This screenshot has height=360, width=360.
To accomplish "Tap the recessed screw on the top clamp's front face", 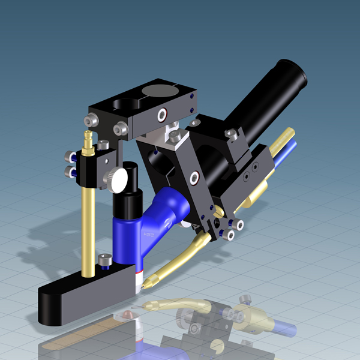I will coord(161,115).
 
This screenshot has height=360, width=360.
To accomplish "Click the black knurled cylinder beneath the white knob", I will coord(127,201).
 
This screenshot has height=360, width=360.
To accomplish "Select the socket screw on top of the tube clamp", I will coord(230,134).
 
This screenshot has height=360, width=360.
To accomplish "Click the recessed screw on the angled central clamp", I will coord(194,178).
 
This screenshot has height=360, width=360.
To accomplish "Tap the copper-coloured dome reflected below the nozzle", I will coord(125,314).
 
